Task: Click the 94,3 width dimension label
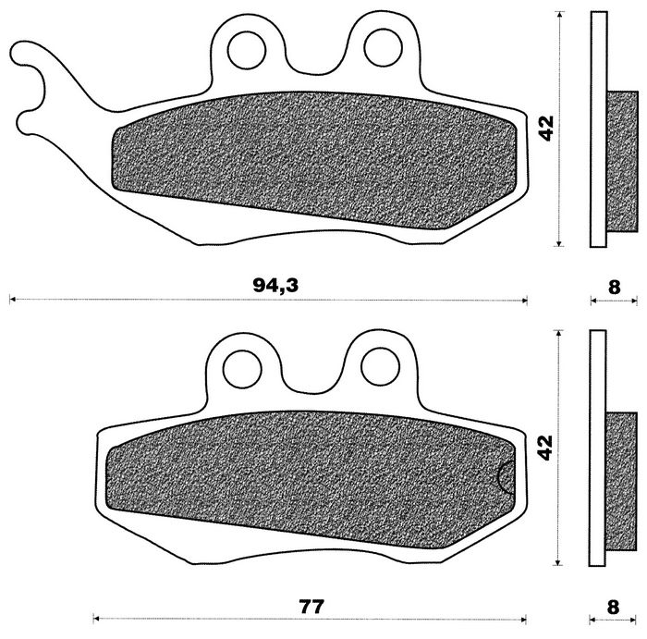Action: point(275,285)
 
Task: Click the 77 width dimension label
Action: point(311,607)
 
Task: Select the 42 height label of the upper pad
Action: point(546,129)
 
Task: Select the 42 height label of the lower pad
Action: point(545,448)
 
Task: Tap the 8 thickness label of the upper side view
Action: point(614,288)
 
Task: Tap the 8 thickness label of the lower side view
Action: point(613,608)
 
